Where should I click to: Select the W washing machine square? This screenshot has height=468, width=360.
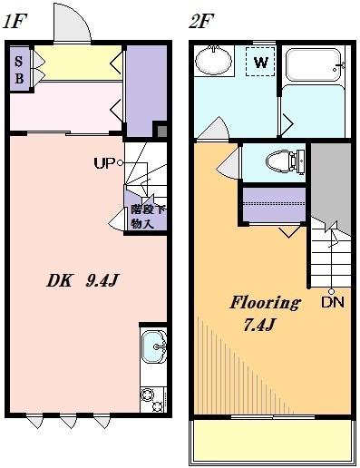[x=260, y=63]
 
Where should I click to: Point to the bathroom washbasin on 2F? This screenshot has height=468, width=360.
[x=216, y=63]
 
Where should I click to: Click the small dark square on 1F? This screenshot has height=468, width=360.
[x=161, y=130]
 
